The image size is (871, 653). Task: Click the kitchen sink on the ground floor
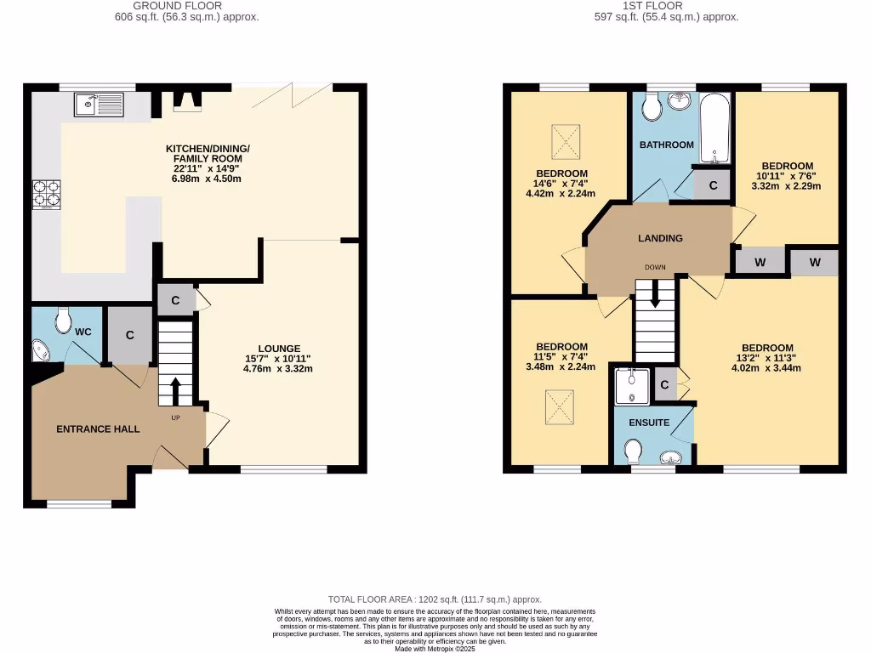tap(99, 105)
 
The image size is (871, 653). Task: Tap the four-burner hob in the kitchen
tap(46, 195)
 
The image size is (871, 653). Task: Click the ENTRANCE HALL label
tap(98, 429)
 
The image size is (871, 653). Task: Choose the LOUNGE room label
tap(279, 349)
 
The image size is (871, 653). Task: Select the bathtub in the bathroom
tap(714, 128)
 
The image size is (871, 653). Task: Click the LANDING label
tap(660, 238)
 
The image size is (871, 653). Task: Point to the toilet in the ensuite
tap(633, 451)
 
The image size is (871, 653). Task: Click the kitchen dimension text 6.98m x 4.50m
tap(203, 179)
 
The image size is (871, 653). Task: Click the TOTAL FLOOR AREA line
tap(435, 599)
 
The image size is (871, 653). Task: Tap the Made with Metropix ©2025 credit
tap(435, 649)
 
